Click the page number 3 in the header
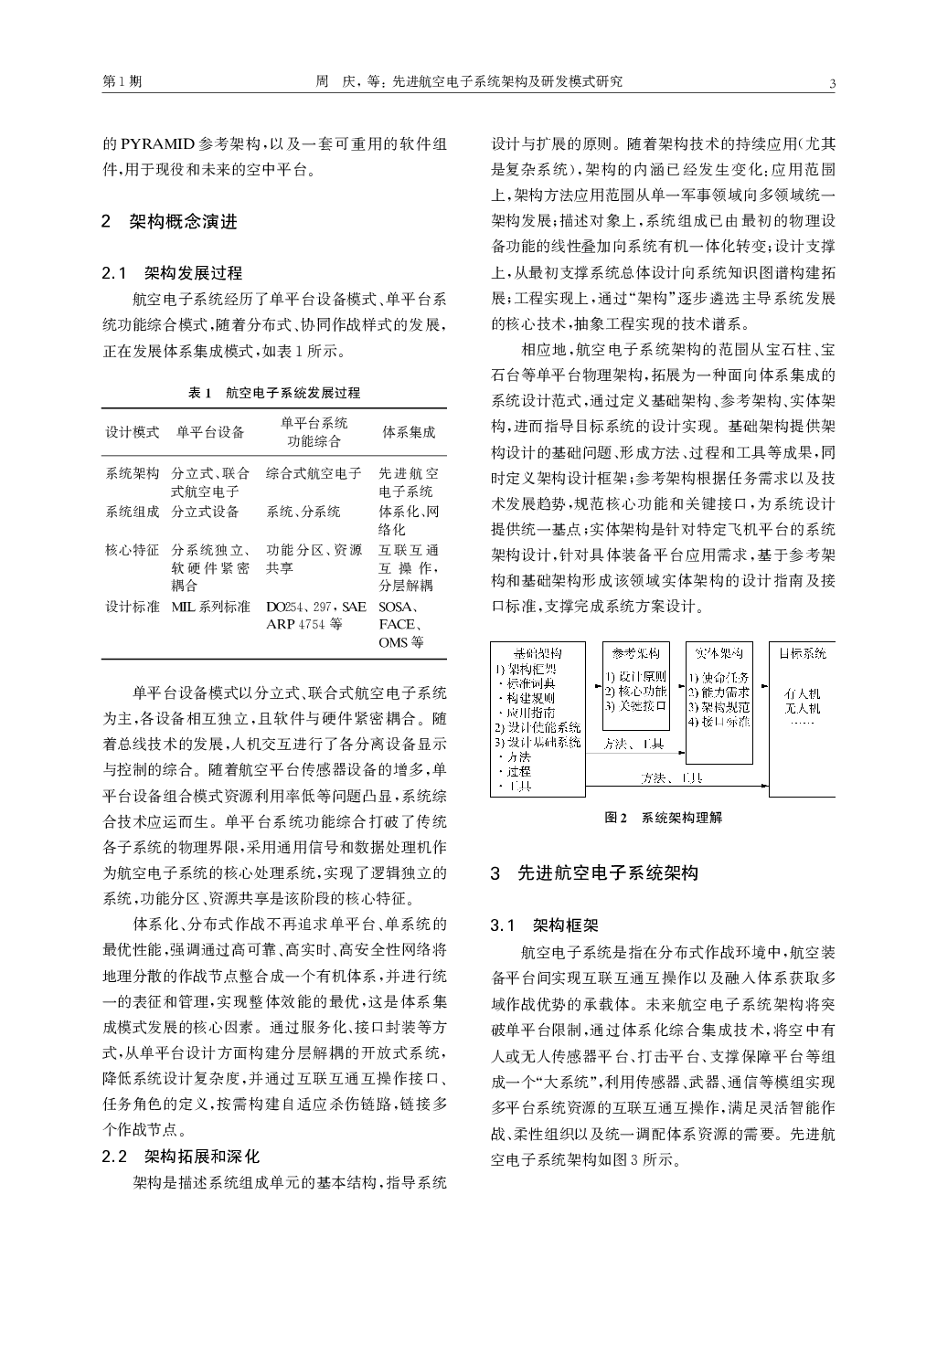pos(832,83)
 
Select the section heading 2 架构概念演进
pos(169,221)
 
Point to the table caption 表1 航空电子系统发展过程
pos(274,393)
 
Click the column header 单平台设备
pos(210,432)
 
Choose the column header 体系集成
pos(409,432)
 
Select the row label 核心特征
pos(133,550)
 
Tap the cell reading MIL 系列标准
pos(210,607)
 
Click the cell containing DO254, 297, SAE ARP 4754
pos(315,616)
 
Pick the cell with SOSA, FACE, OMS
pos(401,624)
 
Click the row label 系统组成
pos(133,512)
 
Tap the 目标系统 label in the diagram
pos(802,653)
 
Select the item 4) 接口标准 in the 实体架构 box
pos(719,722)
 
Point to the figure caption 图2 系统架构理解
pos(663,819)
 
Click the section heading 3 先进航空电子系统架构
pos(594,873)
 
